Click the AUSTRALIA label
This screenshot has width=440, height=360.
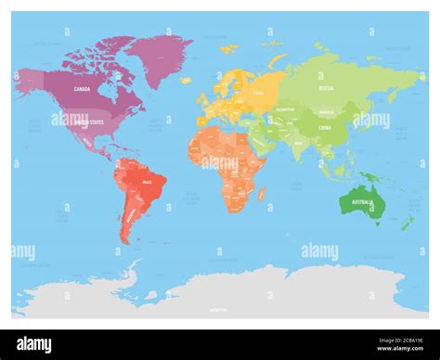[364, 202]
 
